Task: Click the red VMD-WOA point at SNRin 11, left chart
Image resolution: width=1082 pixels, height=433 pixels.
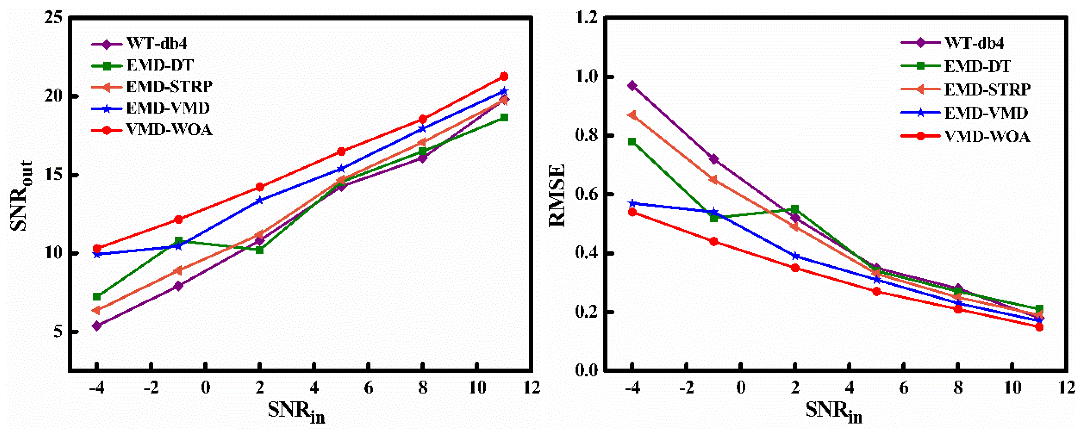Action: coord(504,76)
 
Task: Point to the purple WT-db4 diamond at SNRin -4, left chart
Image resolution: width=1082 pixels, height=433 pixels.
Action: coord(97,326)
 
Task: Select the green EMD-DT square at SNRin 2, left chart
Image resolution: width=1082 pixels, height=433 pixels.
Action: coord(260,250)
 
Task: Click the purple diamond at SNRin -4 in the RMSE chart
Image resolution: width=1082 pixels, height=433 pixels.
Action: coord(632,86)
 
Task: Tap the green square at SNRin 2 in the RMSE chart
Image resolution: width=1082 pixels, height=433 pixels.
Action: coord(795,209)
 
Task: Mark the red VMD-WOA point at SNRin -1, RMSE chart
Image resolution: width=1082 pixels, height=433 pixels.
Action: coord(714,242)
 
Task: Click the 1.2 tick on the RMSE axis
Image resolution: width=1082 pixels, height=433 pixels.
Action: coord(586,18)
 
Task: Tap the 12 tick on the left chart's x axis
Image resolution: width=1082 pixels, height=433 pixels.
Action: coord(531,387)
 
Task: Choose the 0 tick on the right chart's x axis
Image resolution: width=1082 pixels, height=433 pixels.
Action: coord(740,387)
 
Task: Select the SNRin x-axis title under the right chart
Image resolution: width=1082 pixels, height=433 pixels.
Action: coord(833,411)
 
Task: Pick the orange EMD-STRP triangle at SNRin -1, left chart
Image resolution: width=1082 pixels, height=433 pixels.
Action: coord(178,270)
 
